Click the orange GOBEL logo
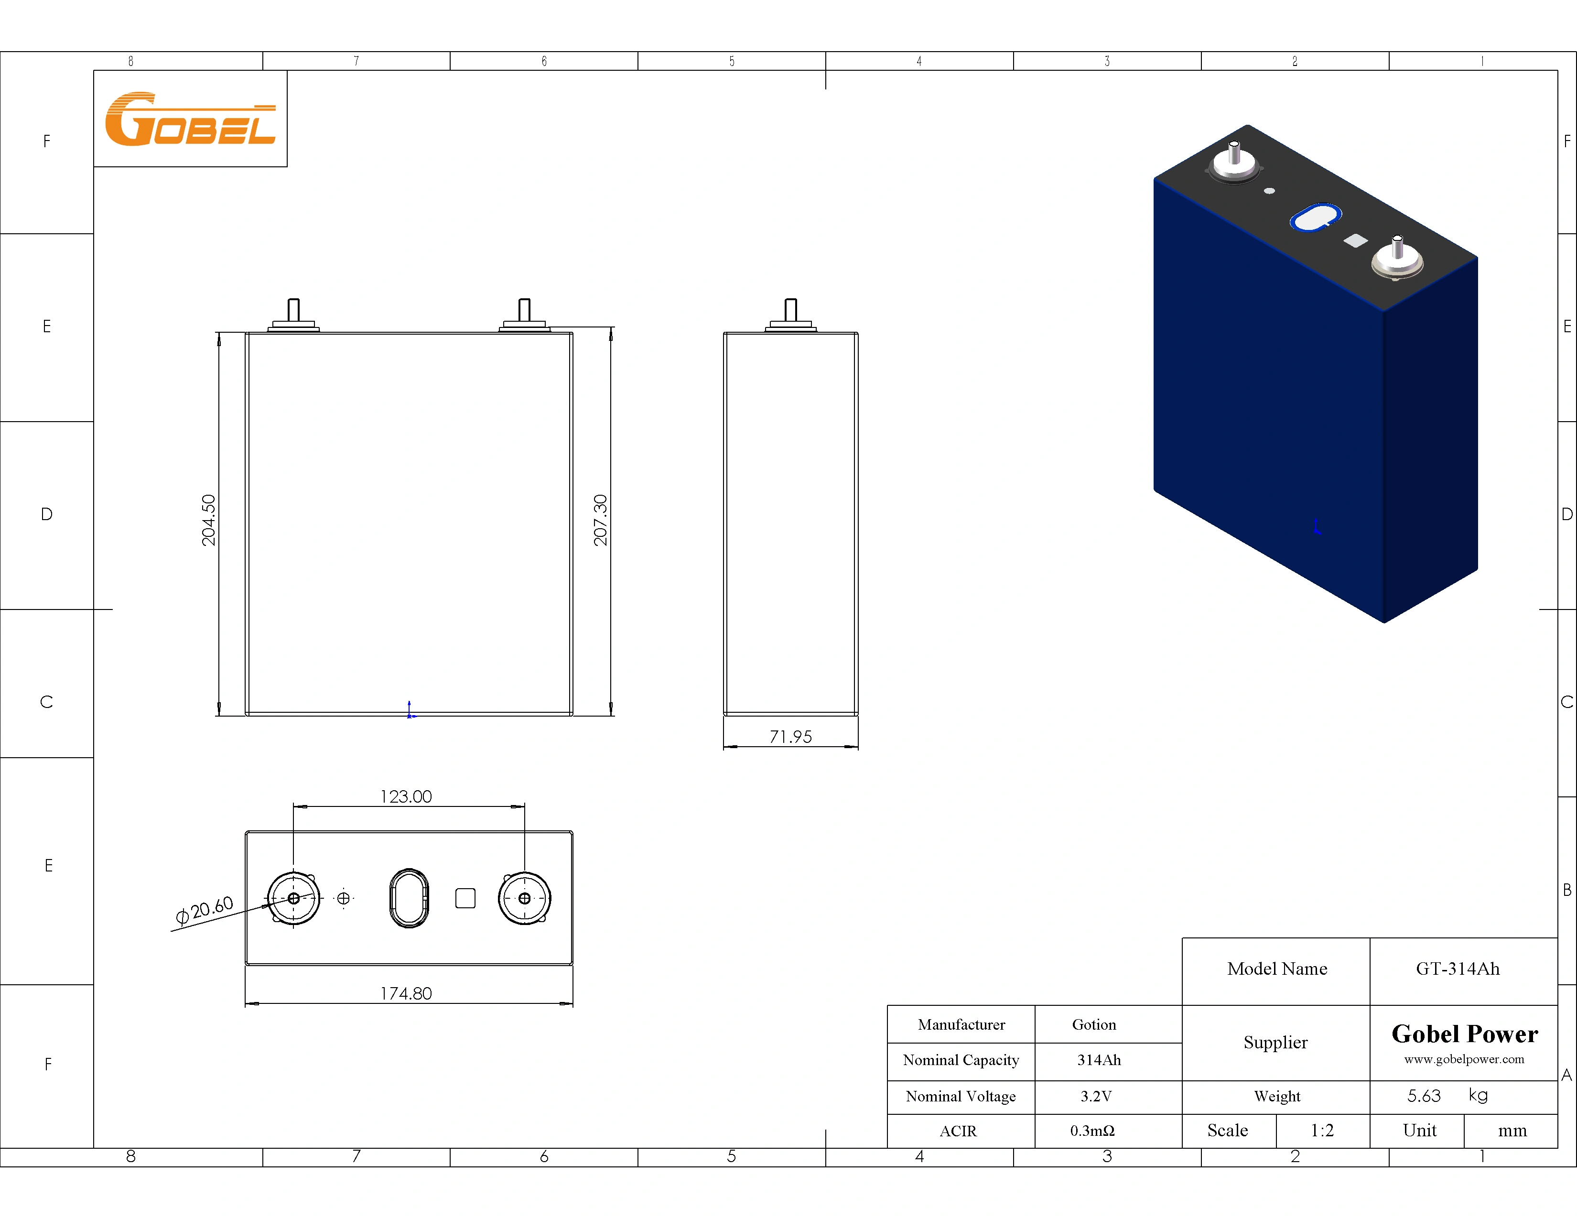click(190, 119)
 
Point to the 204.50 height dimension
click(208, 520)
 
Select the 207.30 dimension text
click(600, 520)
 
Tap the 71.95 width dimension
click(791, 737)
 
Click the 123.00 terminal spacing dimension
click(406, 796)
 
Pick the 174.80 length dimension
click(406, 994)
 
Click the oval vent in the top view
click(409, 898)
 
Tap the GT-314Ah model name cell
click(1457, 969)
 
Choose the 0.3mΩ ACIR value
click(1092, 1131)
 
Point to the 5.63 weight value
click(1423, 1096)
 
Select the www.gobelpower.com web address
click(1464, 1059)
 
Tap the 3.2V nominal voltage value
click(1095, 1096)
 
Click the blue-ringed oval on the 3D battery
click(1316, 218)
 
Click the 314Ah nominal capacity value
click(1098, 1060)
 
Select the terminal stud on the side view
click(791, 311)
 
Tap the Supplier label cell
click(1275, 1042)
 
